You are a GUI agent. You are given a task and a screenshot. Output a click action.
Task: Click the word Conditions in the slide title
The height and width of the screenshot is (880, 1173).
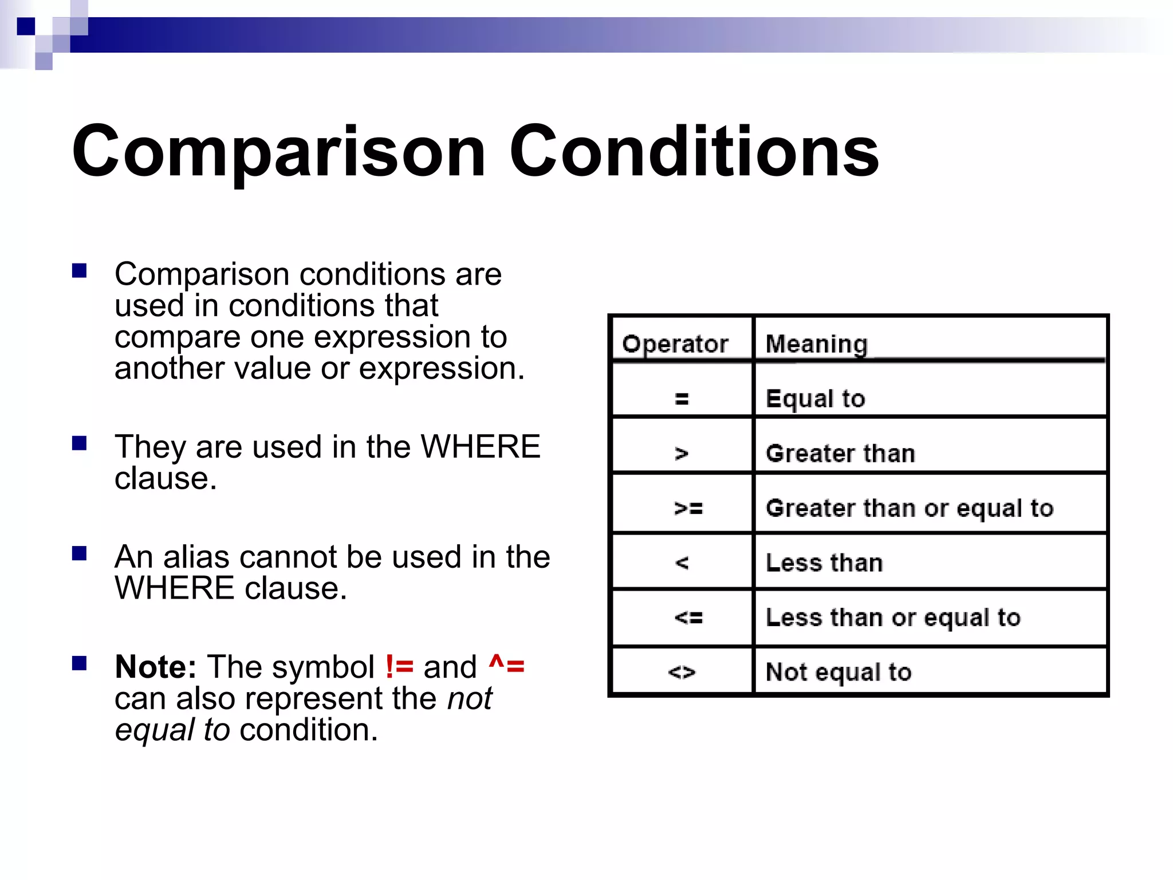tap(694, 152)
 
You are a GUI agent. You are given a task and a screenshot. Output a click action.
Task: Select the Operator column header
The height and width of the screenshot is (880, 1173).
tap(675, 344)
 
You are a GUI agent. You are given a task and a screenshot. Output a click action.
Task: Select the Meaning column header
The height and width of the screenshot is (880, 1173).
tap(816, 344)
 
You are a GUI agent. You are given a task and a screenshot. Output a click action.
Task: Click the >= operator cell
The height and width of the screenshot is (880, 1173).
tap(688, 508)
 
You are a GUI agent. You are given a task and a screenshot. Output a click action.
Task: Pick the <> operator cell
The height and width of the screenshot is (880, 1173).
tap(682, 672)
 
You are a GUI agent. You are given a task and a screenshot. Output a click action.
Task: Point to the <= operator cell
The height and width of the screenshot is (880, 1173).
tap(688, 618)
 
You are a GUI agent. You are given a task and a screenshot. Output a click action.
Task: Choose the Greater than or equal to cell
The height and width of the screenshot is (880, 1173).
tap(909, 508)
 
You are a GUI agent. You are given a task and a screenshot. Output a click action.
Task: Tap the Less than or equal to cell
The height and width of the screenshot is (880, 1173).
tap(893, 618)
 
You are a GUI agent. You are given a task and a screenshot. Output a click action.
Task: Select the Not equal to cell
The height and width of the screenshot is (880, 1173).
tap(838, 672)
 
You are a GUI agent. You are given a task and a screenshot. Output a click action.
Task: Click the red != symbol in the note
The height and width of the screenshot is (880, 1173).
tap(399, 667)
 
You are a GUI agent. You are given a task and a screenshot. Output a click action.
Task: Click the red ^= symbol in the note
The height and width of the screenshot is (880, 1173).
tap(506, 667)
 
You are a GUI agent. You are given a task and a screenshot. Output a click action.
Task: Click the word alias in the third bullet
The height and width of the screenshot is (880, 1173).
tap(196, 557)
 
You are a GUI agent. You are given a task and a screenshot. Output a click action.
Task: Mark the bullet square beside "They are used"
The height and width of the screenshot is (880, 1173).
tap(79, 443)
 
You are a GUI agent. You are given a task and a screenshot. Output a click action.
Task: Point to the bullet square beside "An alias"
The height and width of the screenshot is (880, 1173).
tap(79, 553)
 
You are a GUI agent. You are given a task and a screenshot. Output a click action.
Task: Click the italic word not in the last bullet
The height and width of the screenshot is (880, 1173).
tap(470, 698)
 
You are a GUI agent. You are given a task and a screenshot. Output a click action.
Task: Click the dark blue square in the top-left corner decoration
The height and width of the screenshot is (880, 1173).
tap(26, 26)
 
